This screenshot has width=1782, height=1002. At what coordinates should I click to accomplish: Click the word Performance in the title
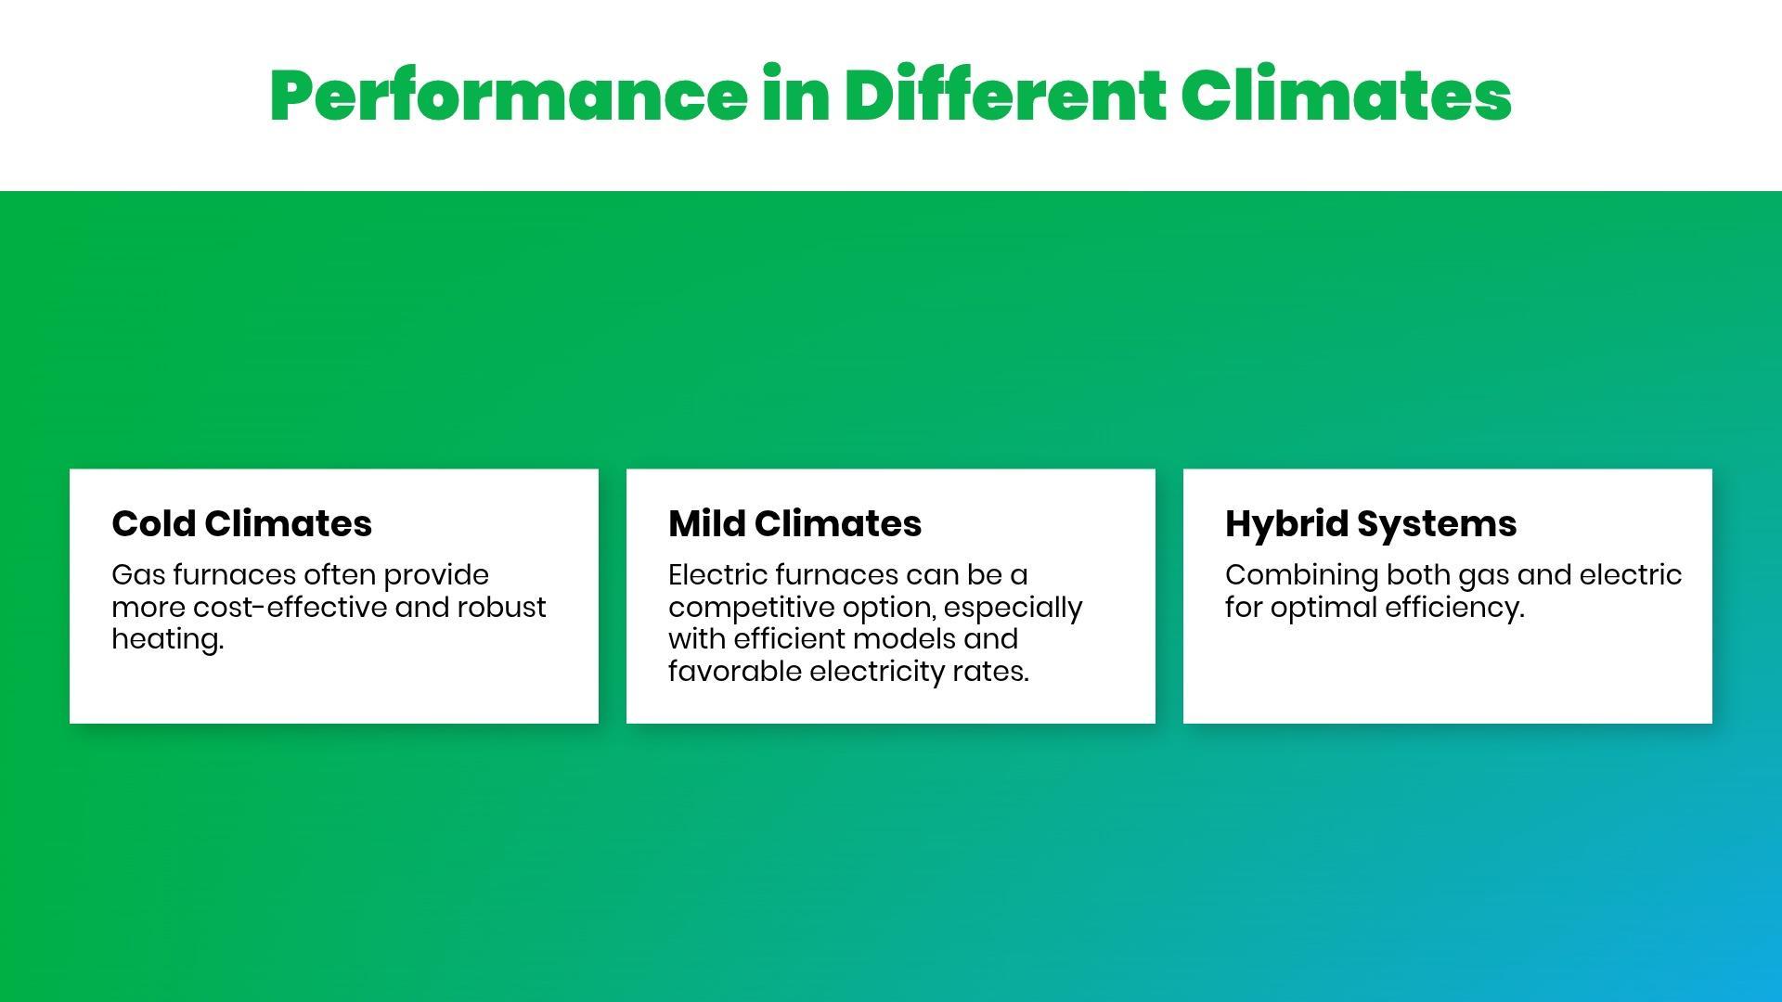509,96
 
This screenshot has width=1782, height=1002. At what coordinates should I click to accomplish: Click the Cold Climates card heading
241,523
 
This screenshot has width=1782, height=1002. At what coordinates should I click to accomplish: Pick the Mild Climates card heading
794,523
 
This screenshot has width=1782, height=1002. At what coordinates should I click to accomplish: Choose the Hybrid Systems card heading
1371,525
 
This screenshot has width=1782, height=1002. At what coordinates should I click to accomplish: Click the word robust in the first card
501,607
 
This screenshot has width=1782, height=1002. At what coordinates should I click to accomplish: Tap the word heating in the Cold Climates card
165,640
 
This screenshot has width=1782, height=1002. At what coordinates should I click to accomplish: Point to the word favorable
735,671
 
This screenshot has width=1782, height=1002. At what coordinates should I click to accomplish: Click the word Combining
1301,576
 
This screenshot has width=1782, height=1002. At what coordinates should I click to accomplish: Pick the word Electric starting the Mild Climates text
717,575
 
